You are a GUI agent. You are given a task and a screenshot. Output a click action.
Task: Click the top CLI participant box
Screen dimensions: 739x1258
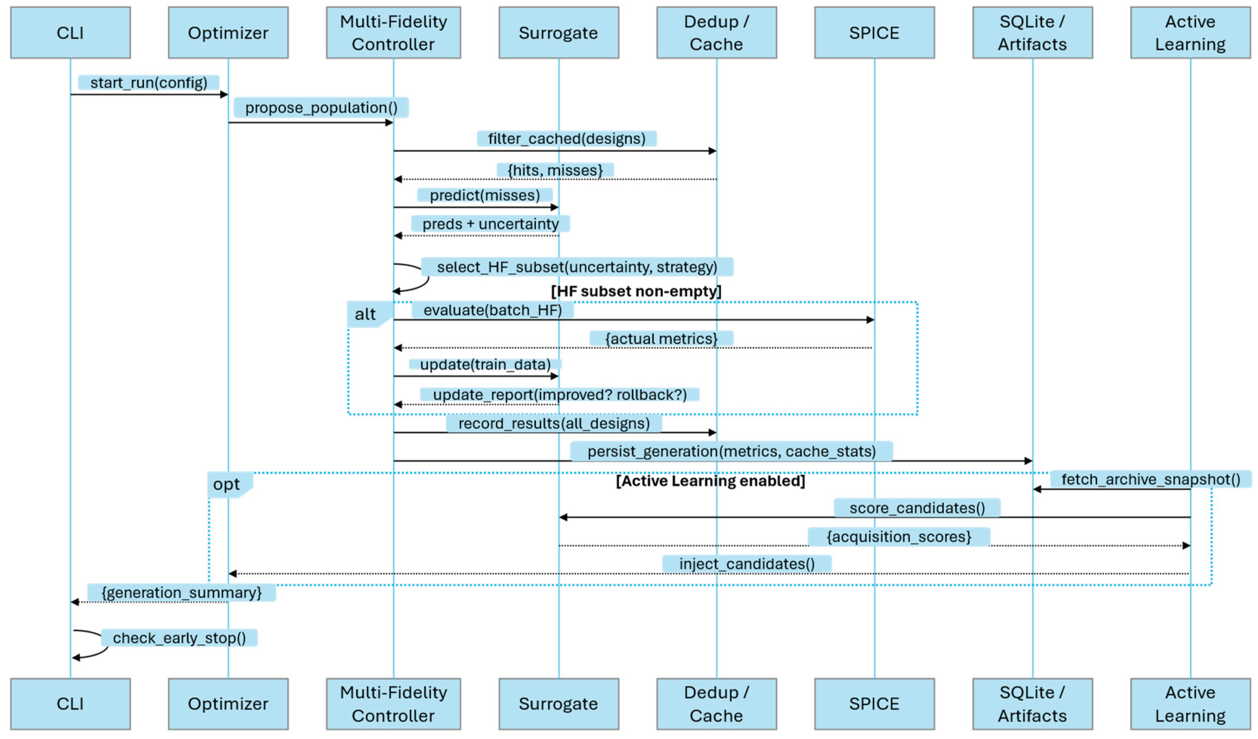pos(70,33)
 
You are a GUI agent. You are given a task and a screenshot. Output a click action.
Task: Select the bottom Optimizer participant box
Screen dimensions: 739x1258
pos(228,704)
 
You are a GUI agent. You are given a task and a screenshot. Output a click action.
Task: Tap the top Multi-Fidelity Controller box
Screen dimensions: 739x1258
pos(393,33)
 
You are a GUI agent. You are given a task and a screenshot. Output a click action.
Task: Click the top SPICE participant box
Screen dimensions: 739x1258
pos(874,33)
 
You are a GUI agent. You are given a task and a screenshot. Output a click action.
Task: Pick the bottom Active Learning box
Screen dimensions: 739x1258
pos(1190,704)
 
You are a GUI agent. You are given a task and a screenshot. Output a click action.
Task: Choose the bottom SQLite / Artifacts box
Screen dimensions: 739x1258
pos(1032,704)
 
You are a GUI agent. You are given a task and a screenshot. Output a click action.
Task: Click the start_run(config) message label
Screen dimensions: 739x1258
pos(149,82)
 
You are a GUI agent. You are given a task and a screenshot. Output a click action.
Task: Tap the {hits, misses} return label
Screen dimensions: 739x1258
pos(555,170)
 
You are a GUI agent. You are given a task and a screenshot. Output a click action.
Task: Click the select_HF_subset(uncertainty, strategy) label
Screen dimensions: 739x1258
pos(577,267)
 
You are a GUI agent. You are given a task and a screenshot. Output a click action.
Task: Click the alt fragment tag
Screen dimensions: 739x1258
pos(366,314)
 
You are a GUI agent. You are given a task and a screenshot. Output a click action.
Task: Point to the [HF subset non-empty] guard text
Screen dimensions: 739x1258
pos(636,291)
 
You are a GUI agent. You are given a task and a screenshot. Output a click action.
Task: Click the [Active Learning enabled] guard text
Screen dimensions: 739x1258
pos(710,481)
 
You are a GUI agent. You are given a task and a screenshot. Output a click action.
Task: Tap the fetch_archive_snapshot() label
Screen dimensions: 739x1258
pos(1150,479)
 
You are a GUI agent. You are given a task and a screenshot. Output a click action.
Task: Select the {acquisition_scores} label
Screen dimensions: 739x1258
pos(898,536)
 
